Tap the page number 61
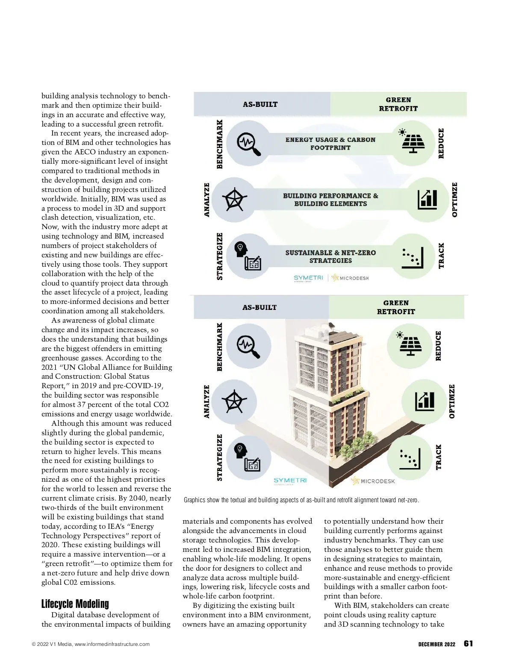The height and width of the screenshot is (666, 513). tap(468, 644)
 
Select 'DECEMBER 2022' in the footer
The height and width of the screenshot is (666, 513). tap(436, 644)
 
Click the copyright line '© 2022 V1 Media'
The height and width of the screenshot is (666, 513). tap(91, 644)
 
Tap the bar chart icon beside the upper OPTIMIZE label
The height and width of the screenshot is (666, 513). tap(427, 199)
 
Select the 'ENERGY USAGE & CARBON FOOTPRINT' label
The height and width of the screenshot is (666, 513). tap(330, 144)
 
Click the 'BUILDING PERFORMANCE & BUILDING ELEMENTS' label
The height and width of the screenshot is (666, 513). tap(330, 200)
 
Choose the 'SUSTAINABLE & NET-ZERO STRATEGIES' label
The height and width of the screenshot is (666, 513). tap(330, 256)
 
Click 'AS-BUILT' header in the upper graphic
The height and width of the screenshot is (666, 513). tap(260, 104)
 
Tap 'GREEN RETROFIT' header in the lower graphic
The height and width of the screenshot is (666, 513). tap(396, 307)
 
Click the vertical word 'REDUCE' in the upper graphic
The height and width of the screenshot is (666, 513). tap(441, 144)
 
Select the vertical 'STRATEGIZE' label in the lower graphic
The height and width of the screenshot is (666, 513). tap(220, 457)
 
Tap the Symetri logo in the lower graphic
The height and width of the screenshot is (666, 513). tap(290, 481)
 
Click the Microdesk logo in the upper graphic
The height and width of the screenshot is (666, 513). tap(351, 278)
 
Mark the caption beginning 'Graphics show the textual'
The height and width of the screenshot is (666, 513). tap(301, 500)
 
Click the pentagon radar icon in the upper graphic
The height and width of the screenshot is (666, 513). tap(234, 199)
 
